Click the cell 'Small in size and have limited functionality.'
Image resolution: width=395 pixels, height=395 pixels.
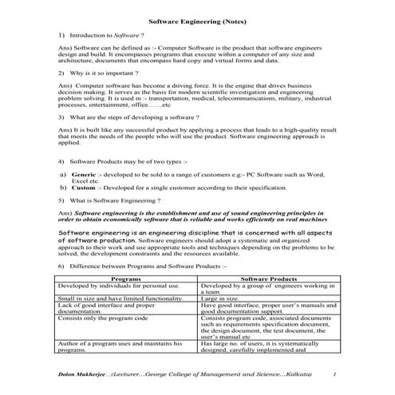point(115,297)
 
